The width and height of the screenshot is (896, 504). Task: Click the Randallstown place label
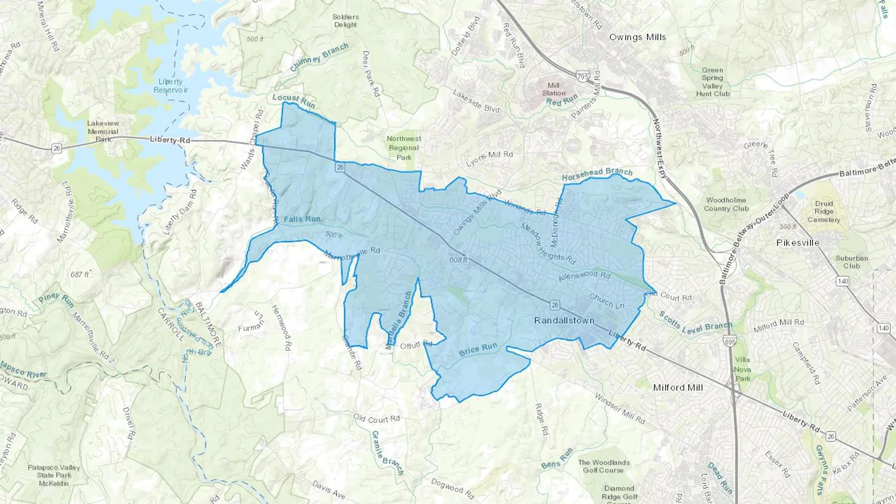click(564, 320)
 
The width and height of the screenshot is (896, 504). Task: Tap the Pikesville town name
click(797, 243)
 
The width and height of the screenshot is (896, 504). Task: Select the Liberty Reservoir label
click(171, 86)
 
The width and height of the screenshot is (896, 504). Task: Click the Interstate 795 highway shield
click(582, 77)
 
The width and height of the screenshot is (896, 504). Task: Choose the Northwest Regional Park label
click(404, 148)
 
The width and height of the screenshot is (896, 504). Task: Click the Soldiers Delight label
click(345, 20)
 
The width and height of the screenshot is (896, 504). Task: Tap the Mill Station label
click(554, 89)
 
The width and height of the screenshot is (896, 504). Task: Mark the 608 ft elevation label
click(458, 260)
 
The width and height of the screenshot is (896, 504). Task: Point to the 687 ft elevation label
click(79, 274)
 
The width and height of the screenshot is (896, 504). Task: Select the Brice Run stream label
click(478, 349)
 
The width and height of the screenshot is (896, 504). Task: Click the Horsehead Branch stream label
click(597, 174)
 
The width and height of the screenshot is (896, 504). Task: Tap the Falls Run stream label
click(302, 219)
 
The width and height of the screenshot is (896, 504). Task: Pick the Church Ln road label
click(606, 301)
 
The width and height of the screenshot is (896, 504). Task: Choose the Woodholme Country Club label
click(726, 204)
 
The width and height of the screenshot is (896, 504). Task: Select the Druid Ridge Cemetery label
click(823, 211)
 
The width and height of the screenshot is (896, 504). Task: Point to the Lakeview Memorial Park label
click(103, 131)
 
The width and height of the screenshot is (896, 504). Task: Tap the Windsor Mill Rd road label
click(620, 409)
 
